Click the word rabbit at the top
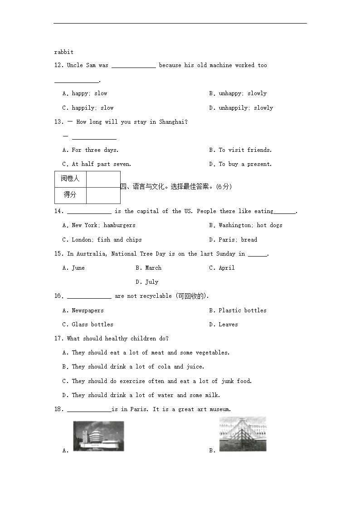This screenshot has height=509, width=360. [x=63, y=52]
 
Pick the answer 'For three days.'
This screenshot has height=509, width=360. [x=90, y=150]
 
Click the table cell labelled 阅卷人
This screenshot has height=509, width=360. [x=70, y=179]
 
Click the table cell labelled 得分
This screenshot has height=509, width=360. [x=70, y=195]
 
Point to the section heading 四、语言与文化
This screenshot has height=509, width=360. [x=145, y=187]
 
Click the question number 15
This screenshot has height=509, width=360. [x=58, y=254]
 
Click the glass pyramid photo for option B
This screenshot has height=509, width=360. [x=243, y=434]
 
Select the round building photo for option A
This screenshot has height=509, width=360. [x=98, y=436]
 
